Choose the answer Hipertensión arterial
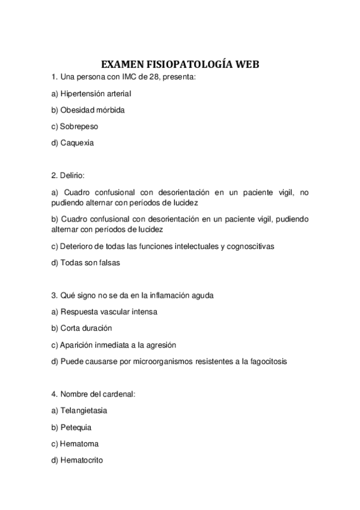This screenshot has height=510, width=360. tap(91, 94)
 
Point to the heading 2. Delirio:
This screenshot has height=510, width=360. tap(69, 176)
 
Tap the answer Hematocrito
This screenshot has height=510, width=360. tap(82, 460)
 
